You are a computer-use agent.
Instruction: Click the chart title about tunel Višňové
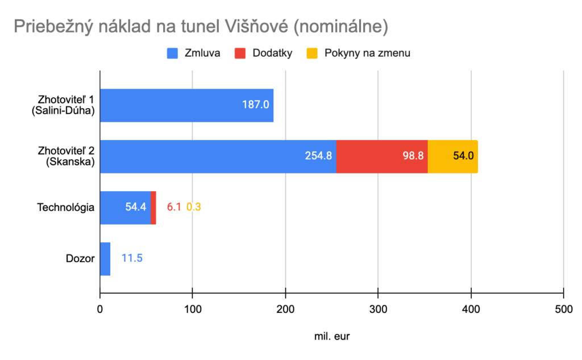tap(201, 26)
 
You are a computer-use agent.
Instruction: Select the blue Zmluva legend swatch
tap(172, 53)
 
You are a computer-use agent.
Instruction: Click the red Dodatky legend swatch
tap(239, 53)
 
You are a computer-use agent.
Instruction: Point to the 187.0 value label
tap(256, 105)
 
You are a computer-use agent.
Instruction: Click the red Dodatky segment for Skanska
tap(381, 156)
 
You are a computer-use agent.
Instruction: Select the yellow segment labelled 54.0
tap(452, 156)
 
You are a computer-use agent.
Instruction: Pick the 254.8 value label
tap(318, 156)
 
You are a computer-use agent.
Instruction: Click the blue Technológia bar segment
tap(125, 207)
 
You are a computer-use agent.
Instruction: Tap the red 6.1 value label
tap(174, 207)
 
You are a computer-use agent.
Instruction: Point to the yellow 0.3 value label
tap(194, 207)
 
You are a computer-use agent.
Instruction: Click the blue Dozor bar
tap(105, 258)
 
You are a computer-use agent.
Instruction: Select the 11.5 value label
tap(132, 258)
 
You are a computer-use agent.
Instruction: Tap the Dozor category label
tap(80, 258)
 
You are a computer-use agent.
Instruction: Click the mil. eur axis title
tap(332, 336)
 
